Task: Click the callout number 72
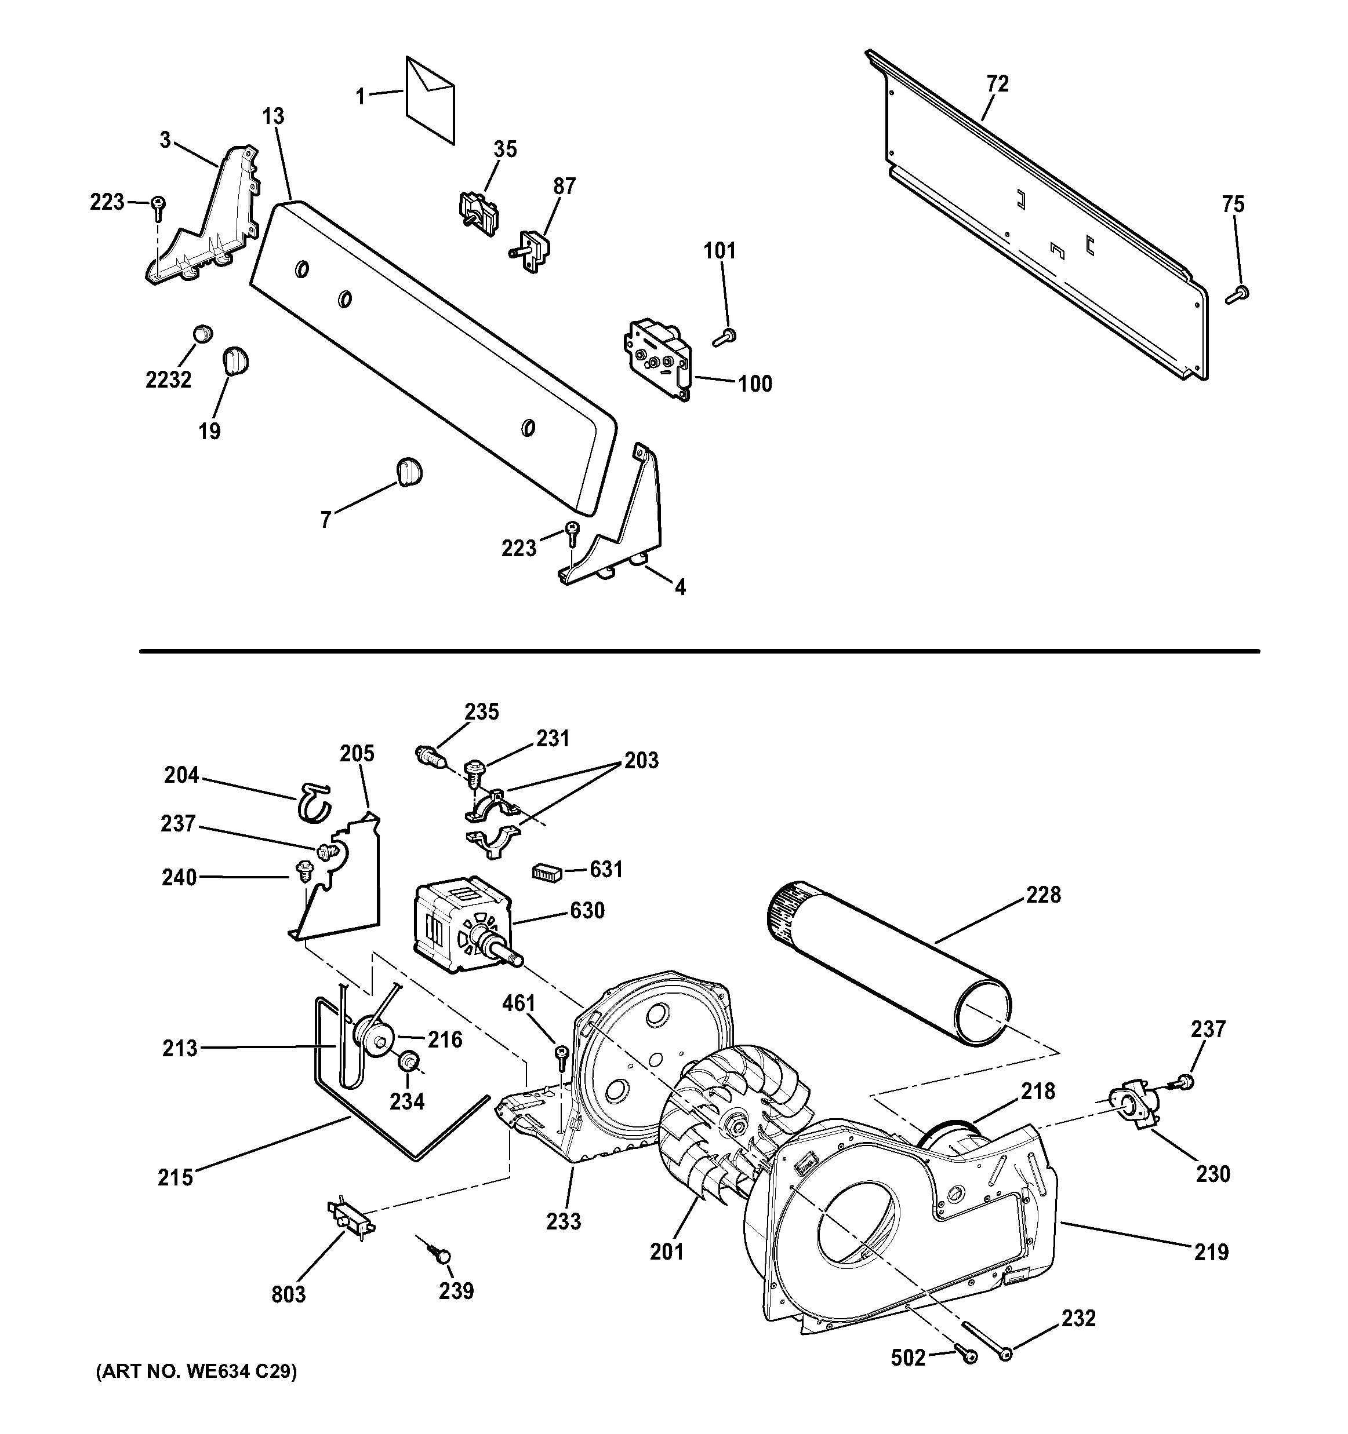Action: (x=997, y=83)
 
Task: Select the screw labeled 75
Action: (x=1238, y=294)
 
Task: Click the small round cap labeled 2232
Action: (x=203, y=334)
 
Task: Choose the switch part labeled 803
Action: (x=351, y=1219)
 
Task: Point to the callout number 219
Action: (x=1211, y=1251)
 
